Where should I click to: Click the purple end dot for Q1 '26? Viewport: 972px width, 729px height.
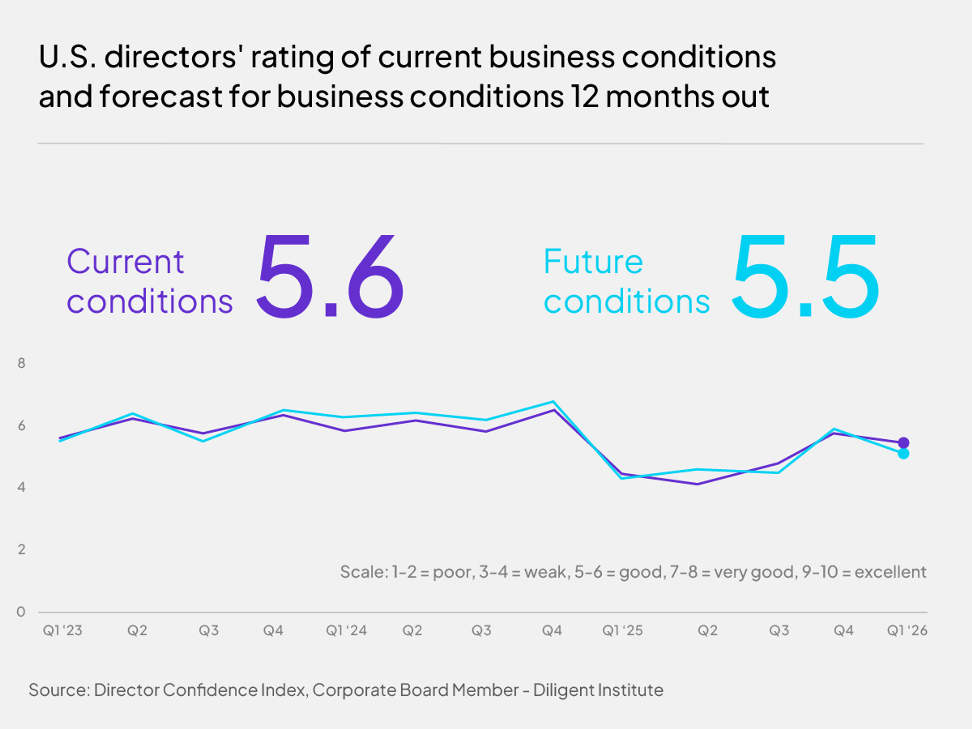[903, 442]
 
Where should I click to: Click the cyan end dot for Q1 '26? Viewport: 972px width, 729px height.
[903, 454]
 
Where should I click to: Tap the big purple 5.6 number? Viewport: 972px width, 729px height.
[330, 277]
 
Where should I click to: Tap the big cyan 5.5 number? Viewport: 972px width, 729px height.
[805, 277]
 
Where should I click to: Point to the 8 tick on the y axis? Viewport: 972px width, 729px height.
[21, 363]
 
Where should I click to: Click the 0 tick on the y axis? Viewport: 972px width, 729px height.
[21, 612]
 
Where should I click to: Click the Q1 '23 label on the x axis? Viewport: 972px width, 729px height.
[63, 631]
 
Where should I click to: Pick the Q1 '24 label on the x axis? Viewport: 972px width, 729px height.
[346, 631]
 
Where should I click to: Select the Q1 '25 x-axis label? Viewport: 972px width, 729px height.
[622, 631]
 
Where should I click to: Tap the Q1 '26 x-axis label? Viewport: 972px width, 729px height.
[906, 631]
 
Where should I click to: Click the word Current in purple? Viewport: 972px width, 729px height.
[125, 262]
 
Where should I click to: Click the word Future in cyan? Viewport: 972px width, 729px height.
[593, 262]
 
